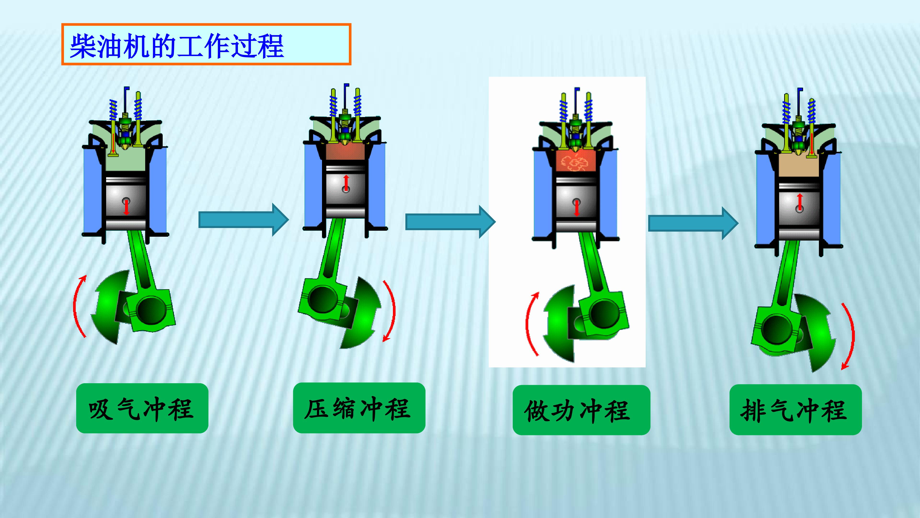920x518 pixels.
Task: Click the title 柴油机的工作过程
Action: tap(177, 46)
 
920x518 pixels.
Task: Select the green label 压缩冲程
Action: tap(359, 408)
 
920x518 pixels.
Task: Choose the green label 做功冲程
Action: tap(581, 410)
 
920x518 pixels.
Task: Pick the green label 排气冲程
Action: tap(796, 410)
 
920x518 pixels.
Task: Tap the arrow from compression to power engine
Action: tap(450, 222)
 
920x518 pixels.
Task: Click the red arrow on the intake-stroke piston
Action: tap(126, 207)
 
